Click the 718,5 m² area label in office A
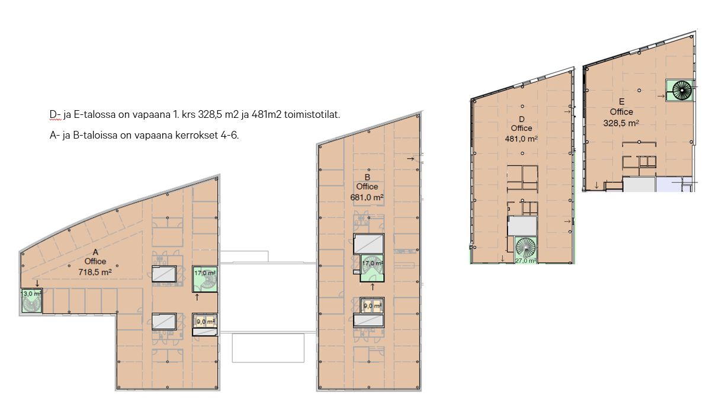pyautogui.click(x=95, y=272)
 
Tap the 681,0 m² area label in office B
pyautogui.click(x=367, y=197)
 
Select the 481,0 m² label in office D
pyautogui.click(x=521, y=139)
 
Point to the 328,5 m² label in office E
pyautogui.click(x=621, y=123)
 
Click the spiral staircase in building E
pyautogui.click(x=682, y=90)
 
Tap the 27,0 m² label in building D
pyautogui.click(x=525, y=261)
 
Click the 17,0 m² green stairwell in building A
pyautogui.click(x=205, y=279)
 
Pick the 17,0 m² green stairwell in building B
pyautogui.click(x=372, y=268)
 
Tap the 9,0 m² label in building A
pyautogui.click(x=205, y=322)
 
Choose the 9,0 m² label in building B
pyautogui.click(x=372, y=306)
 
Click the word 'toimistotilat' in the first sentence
pyautogui.click(x=312, y=114)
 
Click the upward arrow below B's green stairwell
pyautogui.click(x=373, y=287)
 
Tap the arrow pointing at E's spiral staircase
pyautogui.click(x=661, y=95)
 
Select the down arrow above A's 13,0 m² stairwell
pyautogui.click(x=37, y=283)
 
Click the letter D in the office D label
pyautogui.click(x=521, y=119)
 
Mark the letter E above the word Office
pyautogui.click(x=621, y=102)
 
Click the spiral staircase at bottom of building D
pyautogui.click(x=525, y=247)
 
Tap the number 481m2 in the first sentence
pyautogui.click(x=267, y=114)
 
